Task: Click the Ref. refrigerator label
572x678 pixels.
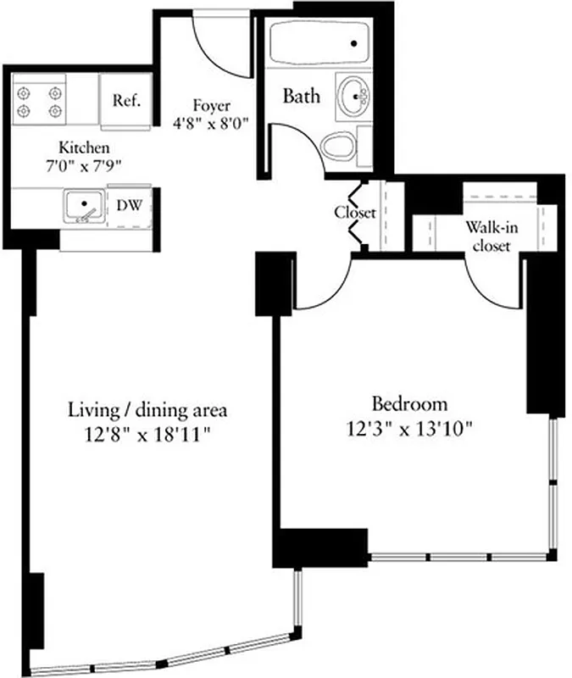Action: (126, 100)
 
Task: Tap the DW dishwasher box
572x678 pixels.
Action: (128, 206)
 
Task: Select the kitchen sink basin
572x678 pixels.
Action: (84, 206)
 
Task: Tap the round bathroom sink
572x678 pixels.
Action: (353, 94)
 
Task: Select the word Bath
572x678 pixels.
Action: (302, 96)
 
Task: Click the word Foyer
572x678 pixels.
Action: (211, 106)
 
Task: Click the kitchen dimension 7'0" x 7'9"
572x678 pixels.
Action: (83, 164)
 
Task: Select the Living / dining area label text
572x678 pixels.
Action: (147, 411)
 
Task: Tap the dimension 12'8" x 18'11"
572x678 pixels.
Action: (147, 434)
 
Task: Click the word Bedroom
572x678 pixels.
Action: (409, 404)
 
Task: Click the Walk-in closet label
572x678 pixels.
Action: (487, 236)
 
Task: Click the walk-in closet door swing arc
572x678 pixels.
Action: (491, 284)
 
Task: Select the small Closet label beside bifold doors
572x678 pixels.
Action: (354, 213)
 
